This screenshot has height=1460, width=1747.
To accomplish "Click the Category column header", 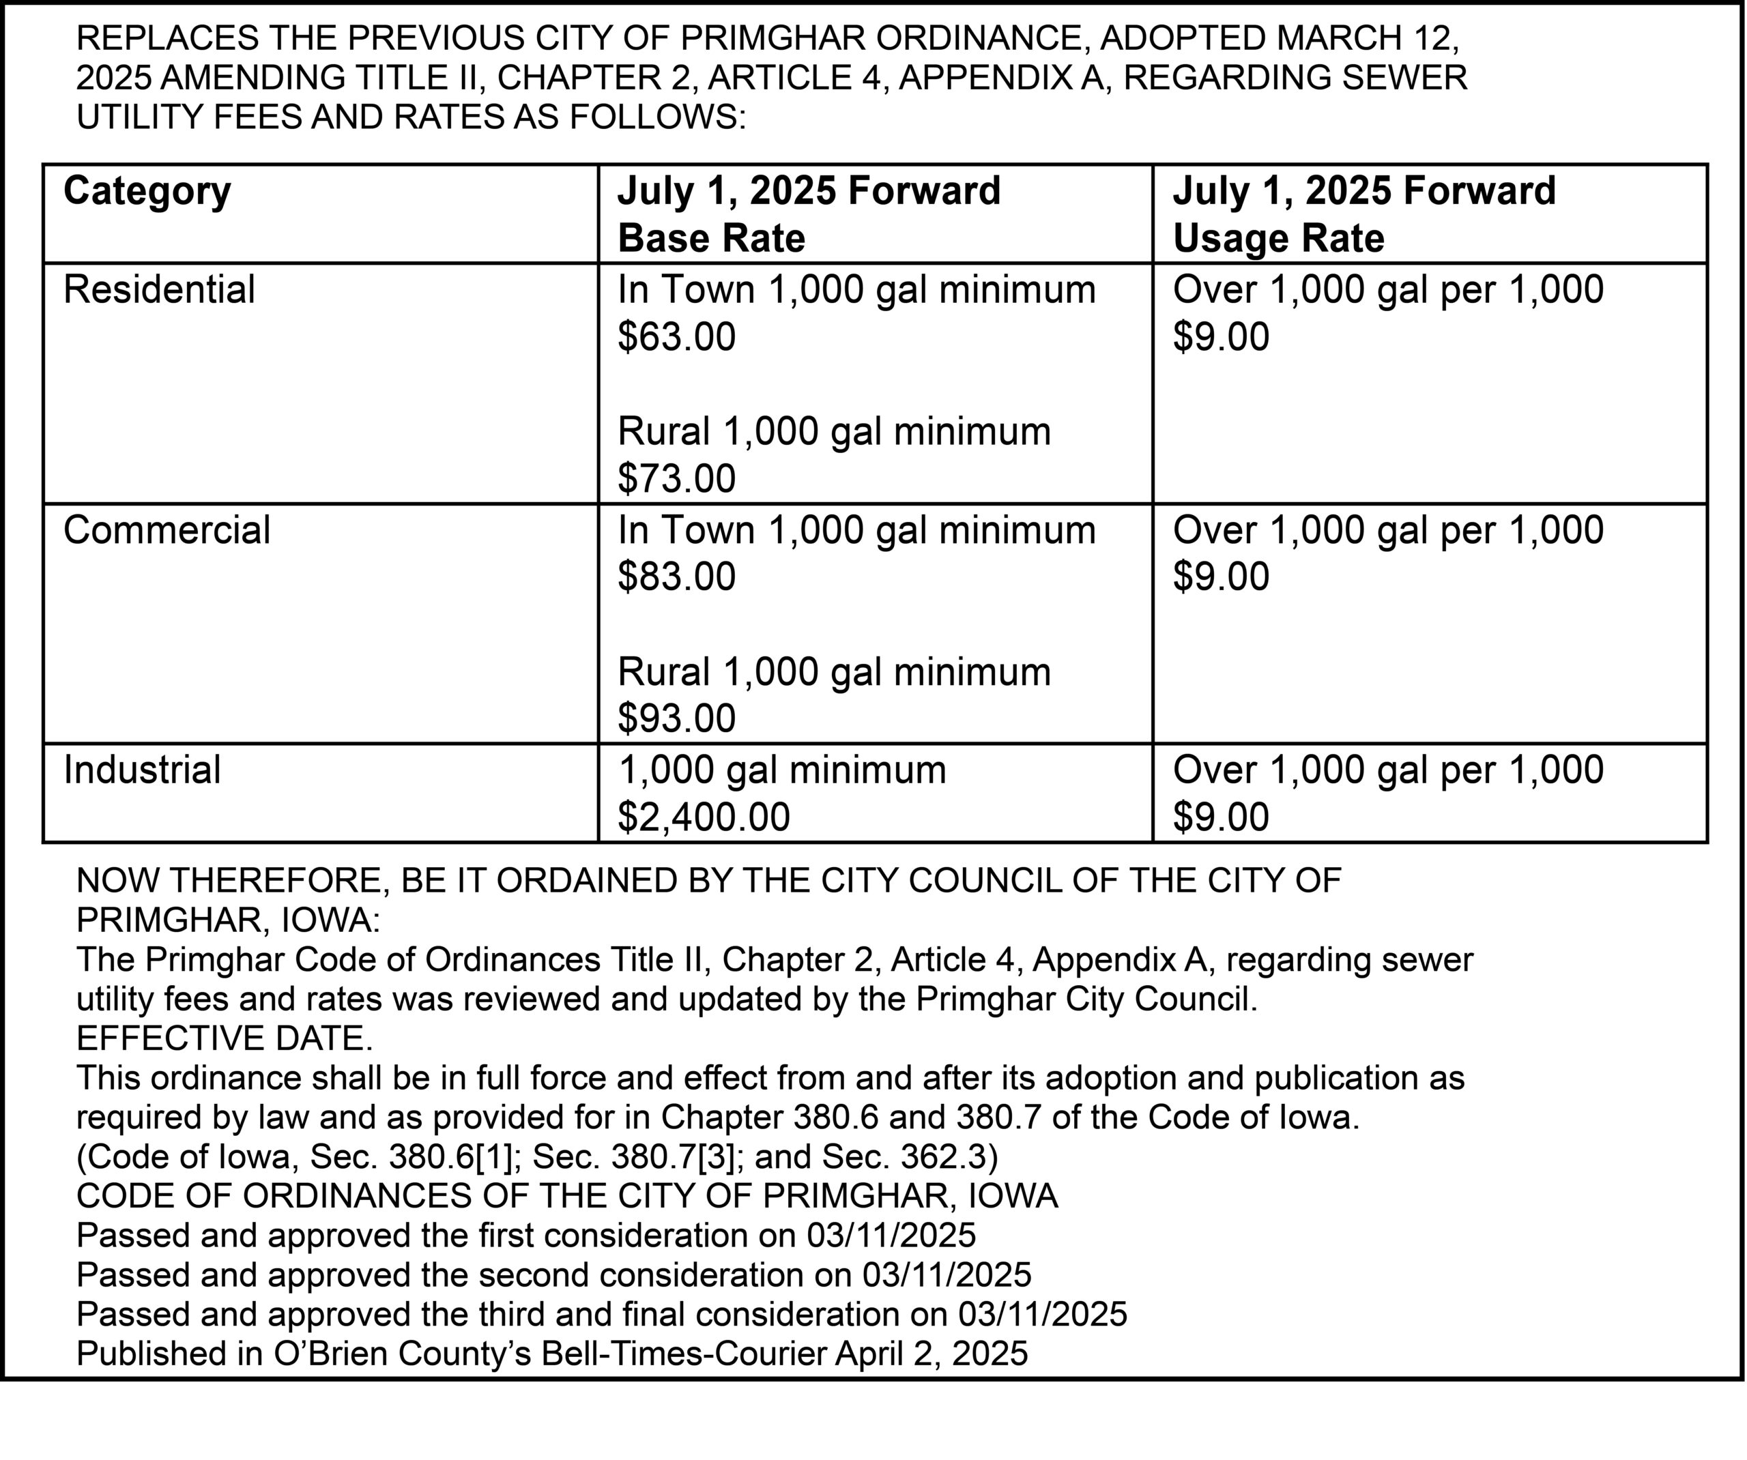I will pos(147,191).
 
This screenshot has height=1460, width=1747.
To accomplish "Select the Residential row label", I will pos(159,289).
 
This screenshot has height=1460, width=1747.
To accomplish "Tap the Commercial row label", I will pos(167,530).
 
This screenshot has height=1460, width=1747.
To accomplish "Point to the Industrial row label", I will pos(142,770).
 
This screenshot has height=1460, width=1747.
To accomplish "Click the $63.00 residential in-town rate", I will pos(676,337).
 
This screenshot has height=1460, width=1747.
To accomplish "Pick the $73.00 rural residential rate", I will pos(676,478).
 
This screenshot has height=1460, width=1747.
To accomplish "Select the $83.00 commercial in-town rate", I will pos(676,576).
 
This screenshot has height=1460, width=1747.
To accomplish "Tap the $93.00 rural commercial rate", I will pos(676,718).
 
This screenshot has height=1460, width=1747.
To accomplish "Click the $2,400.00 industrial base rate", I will pos(703,817).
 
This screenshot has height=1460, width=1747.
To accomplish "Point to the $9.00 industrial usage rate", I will pos(1220,817).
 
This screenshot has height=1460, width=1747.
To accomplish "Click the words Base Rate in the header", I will pos(711,239).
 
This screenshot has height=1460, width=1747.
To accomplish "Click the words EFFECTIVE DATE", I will pos(225,1038).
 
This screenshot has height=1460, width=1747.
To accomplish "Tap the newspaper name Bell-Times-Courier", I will pos(684,1354).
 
